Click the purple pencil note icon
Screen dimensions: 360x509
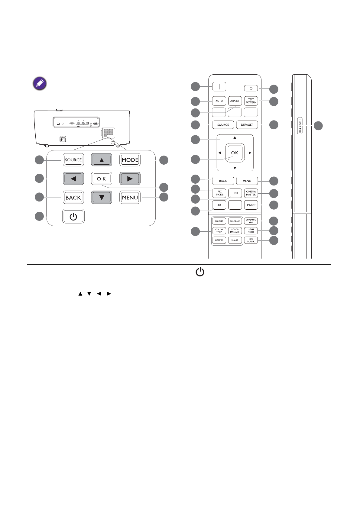tap(40, 83)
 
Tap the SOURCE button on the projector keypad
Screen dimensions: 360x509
tap(73, 160)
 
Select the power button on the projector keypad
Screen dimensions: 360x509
tap(73, 216)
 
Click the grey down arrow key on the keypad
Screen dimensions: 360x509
tap(102, 197)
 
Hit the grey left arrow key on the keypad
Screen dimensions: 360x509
tap(73, 179)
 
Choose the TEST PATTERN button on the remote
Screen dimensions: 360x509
tap(251, 101)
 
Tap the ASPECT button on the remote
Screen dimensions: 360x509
tap(235, 101)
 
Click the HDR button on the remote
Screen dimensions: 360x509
tap(235, 193)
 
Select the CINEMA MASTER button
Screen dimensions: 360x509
tap(251, 193)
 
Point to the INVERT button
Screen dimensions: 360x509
tap(251, 205)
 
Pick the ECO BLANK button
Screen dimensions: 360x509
tap(251, 240)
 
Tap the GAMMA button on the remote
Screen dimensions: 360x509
tap(219, 240)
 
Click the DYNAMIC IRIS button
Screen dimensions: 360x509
tap(251, 221)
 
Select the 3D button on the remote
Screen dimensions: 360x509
tap(219, 205)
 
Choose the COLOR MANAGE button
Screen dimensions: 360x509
tap(235, 231)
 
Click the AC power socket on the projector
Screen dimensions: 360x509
tap(63, 139)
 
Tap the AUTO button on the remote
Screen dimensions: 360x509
tap(219, 101)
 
